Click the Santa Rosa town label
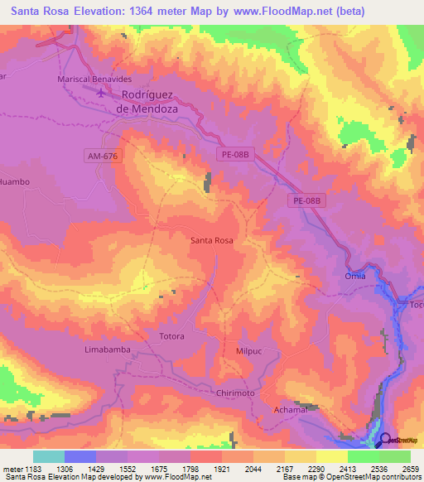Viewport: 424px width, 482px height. (211, 240)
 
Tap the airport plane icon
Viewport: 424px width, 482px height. (102, 93)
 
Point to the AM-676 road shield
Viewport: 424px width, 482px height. (102, 155)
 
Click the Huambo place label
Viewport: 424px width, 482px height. (14, 181)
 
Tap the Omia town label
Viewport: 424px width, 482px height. (354, 277)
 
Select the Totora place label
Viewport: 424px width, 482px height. (171, 336)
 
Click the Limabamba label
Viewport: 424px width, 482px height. (108, 350)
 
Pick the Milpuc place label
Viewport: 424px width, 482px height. (249, 350)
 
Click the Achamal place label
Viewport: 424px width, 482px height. (290, 410)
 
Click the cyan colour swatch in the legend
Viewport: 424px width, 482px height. (49, 456)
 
